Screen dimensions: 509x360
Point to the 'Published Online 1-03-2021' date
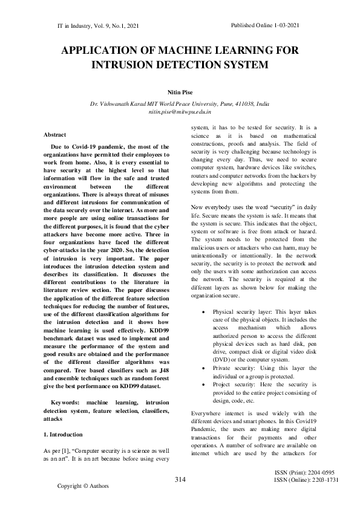pyautogui.click(x=266, y=26)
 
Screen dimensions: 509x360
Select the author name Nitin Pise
pyautogui.click(x=179, y=93)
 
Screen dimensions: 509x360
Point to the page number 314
pyautogui.click(x=179, y=480)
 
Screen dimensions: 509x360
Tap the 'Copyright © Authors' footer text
pyautogui.click(x=82, y=485)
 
